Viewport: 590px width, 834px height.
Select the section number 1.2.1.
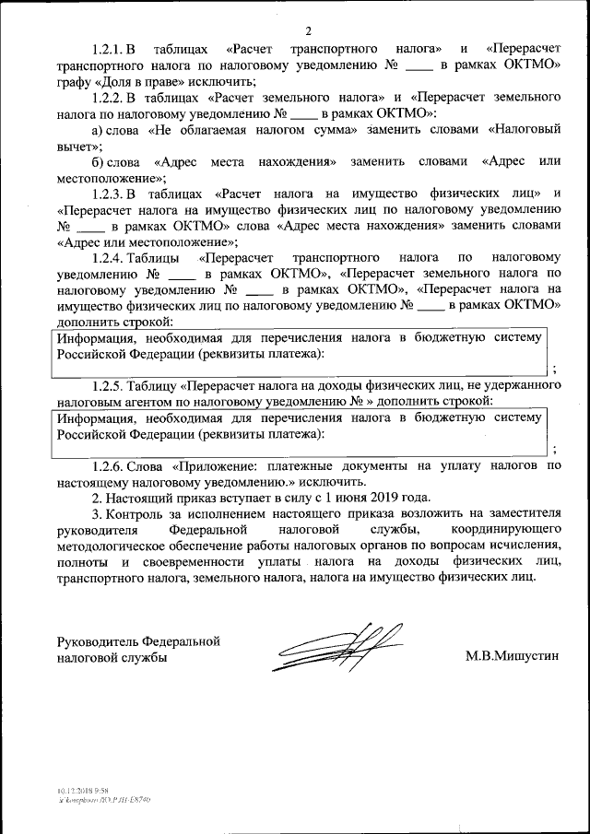108,49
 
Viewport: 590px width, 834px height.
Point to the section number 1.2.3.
108,194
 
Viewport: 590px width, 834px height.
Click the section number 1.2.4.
108,258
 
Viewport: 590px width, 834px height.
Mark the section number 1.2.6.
108,466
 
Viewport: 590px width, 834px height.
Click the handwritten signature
337,651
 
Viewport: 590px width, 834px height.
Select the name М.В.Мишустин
513,657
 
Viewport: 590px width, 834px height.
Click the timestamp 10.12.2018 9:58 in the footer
80,791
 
